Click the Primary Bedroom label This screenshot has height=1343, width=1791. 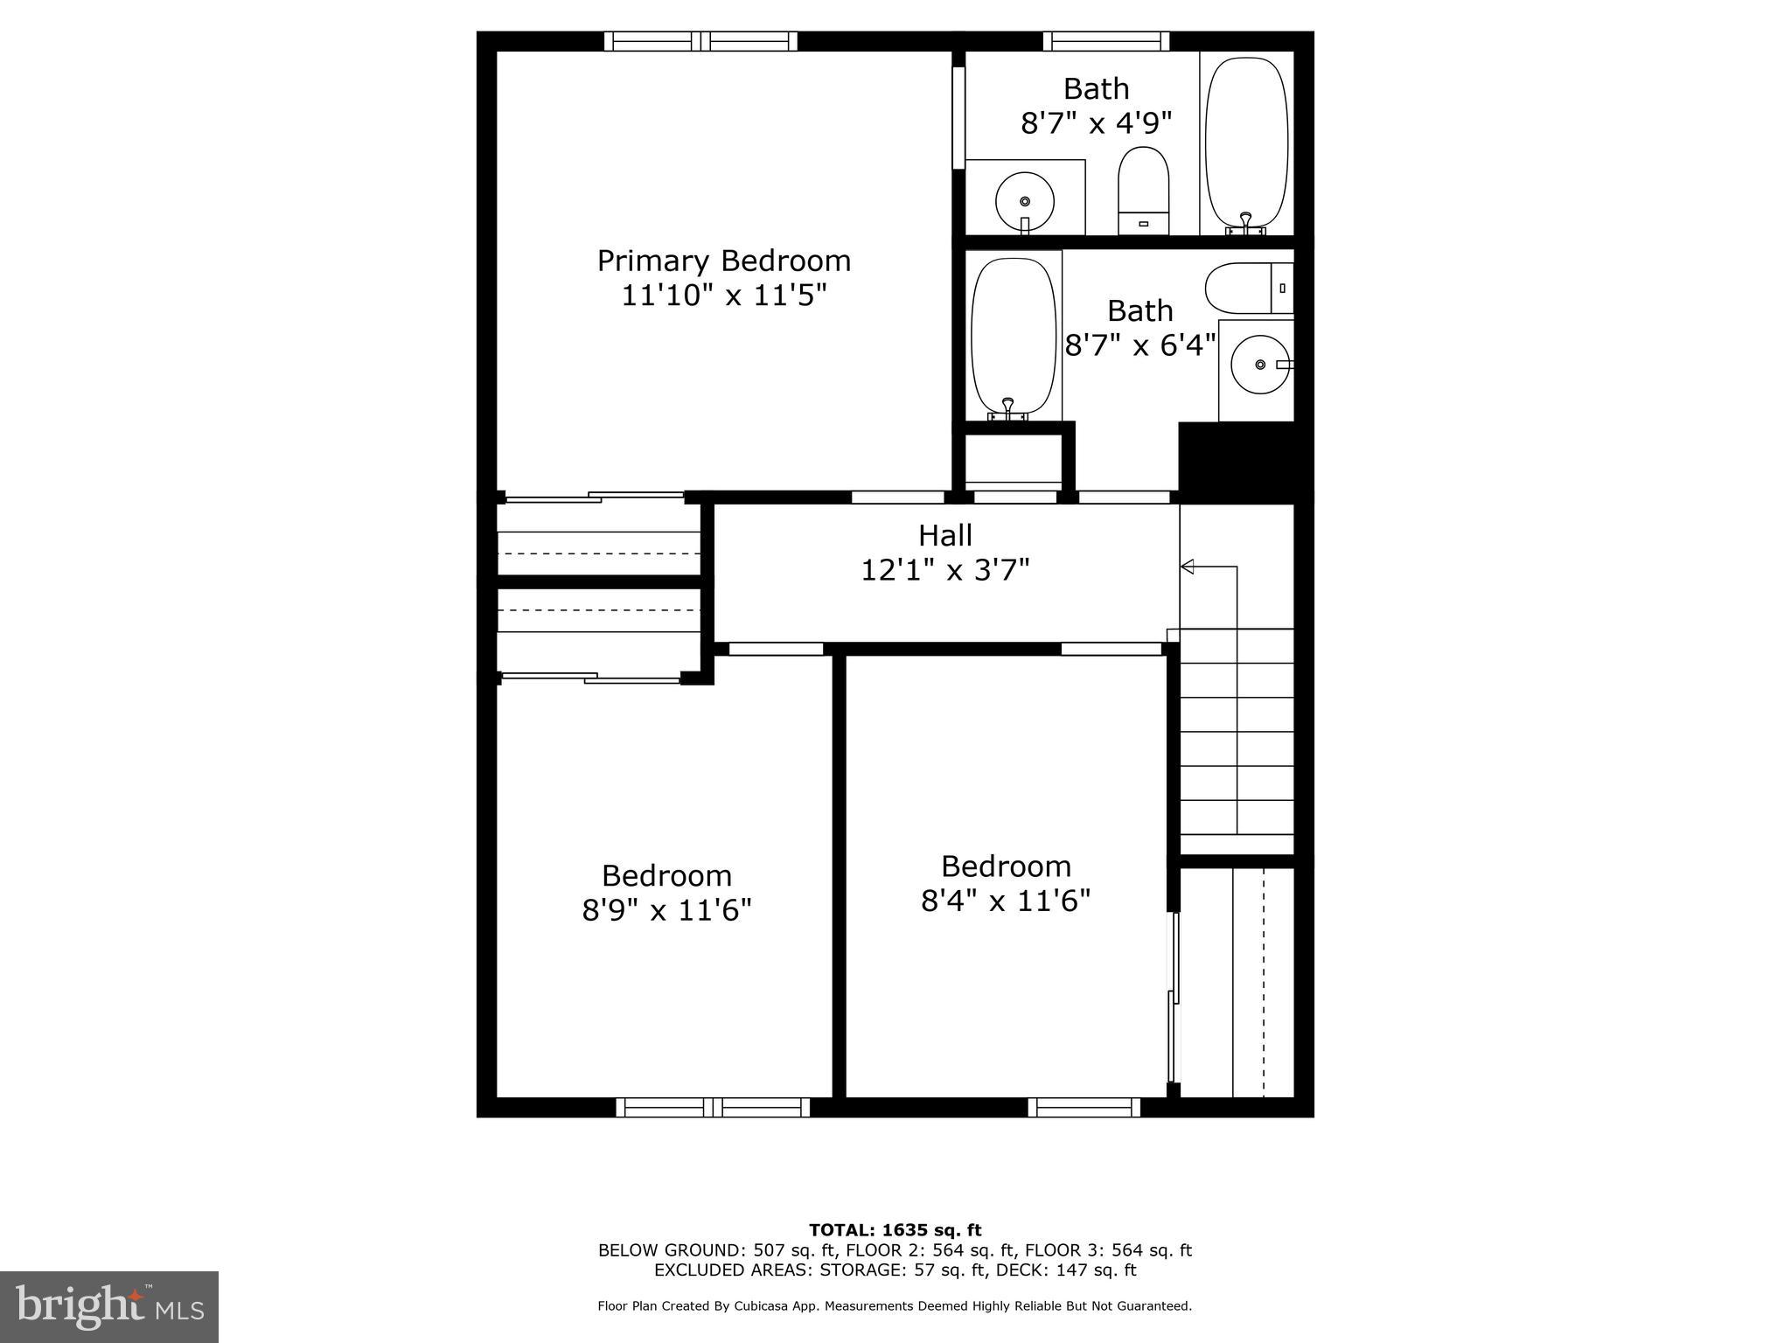tap(723, 261)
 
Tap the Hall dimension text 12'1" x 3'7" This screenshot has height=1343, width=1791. tap(945, 570)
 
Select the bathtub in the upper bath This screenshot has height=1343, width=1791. tap(1246, 143)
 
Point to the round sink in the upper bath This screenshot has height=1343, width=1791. tap(1025, 202)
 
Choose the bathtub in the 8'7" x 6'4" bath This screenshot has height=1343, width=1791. tap(1014, 336)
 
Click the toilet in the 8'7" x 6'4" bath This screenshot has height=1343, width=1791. tap(1248, 288)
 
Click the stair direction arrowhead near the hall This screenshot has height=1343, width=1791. tap(1188, 567)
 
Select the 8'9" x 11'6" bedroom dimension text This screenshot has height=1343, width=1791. tap(666, 910)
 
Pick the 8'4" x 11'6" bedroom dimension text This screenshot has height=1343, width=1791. tap(1006, 901)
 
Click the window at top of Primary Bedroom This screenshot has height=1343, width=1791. tap(700, 41)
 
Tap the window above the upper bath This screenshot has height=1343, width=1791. tap(1105, 41)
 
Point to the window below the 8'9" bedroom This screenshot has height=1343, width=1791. tap(713, 1108)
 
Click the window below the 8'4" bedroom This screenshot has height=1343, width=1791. tap(1084, 1108)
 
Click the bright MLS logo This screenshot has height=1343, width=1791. tap(109, 1307)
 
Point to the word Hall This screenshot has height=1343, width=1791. tap(945, 535)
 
